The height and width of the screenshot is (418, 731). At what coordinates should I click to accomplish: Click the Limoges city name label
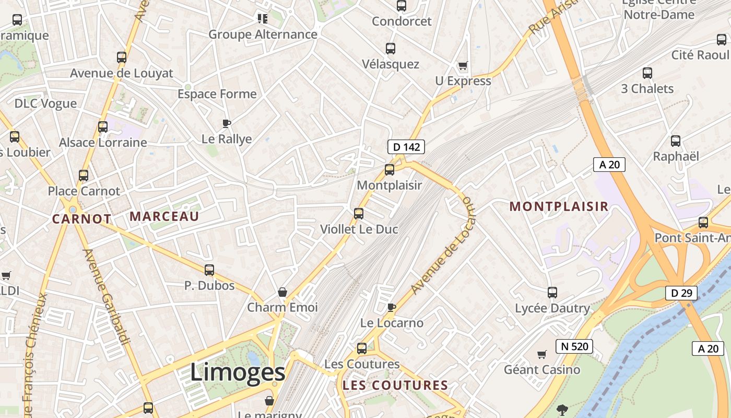(238, 372)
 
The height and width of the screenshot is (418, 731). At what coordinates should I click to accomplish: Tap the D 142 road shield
(406, 147)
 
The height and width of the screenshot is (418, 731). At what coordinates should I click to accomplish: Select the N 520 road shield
(574, 346)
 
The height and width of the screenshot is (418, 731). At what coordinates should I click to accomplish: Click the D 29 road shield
(681, 293)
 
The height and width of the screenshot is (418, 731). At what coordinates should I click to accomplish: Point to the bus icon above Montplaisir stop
(390, 169)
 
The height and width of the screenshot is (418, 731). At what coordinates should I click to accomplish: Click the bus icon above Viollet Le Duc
(358, 213)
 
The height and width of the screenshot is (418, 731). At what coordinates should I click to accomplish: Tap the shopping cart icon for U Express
(463, 66)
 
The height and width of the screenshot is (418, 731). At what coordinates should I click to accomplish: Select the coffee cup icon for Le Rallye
(226, 124)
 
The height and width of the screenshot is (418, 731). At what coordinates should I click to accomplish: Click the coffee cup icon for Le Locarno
(391, 307)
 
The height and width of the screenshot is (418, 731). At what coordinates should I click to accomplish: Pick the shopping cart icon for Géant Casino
(542, 354)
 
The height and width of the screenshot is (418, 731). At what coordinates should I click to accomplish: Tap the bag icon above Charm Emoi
(282, 292)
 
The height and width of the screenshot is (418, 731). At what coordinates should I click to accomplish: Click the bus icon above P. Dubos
(209, 270)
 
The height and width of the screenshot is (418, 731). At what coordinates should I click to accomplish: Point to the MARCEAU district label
(164, 216)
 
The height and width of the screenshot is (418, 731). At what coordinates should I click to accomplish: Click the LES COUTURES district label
(395, 386)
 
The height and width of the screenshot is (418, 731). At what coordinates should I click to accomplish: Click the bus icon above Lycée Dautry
(552, 293)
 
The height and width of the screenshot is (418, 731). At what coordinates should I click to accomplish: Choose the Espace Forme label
(217, 94)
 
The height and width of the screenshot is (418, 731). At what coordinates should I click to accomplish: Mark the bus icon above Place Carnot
(84, 175)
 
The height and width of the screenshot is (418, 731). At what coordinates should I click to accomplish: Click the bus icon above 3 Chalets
(647, 73)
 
